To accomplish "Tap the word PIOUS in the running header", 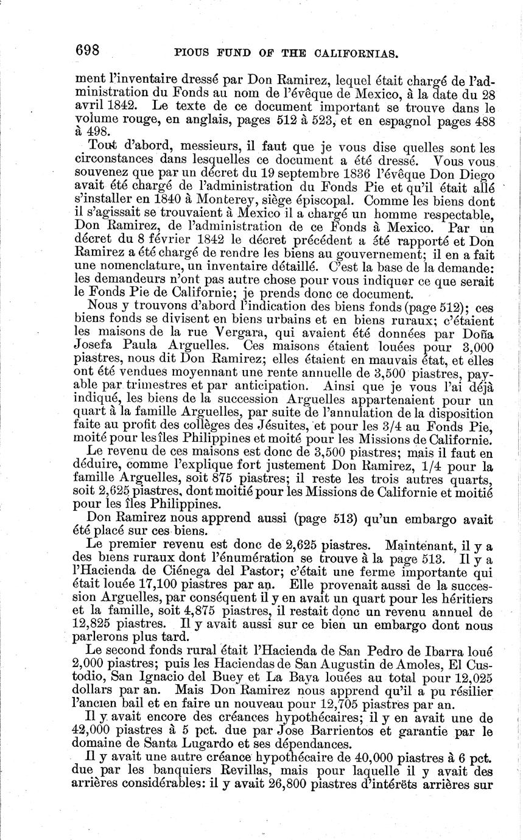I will [195, 54].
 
